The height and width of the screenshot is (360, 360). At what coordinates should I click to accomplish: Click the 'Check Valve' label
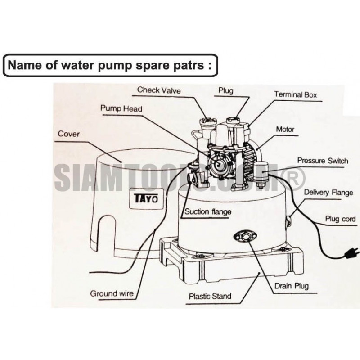click(159, 90)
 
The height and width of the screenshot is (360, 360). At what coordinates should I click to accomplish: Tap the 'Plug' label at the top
click(225, 91)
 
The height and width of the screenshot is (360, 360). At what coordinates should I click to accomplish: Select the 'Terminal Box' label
click(296, 94)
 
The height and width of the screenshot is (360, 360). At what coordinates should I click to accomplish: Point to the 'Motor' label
click(285, 130)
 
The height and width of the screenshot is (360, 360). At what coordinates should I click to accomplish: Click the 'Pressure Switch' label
click(323, 161)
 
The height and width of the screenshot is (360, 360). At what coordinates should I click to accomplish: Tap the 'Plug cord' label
click(341, 219)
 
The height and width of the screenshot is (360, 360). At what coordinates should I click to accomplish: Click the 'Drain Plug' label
click(291, 286)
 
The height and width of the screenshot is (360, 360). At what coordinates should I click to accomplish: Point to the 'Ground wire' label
click(112, 293)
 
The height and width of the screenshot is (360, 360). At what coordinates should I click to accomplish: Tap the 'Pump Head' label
click(121, 109)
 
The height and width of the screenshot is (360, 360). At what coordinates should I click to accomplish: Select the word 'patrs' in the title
click(188, 64)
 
